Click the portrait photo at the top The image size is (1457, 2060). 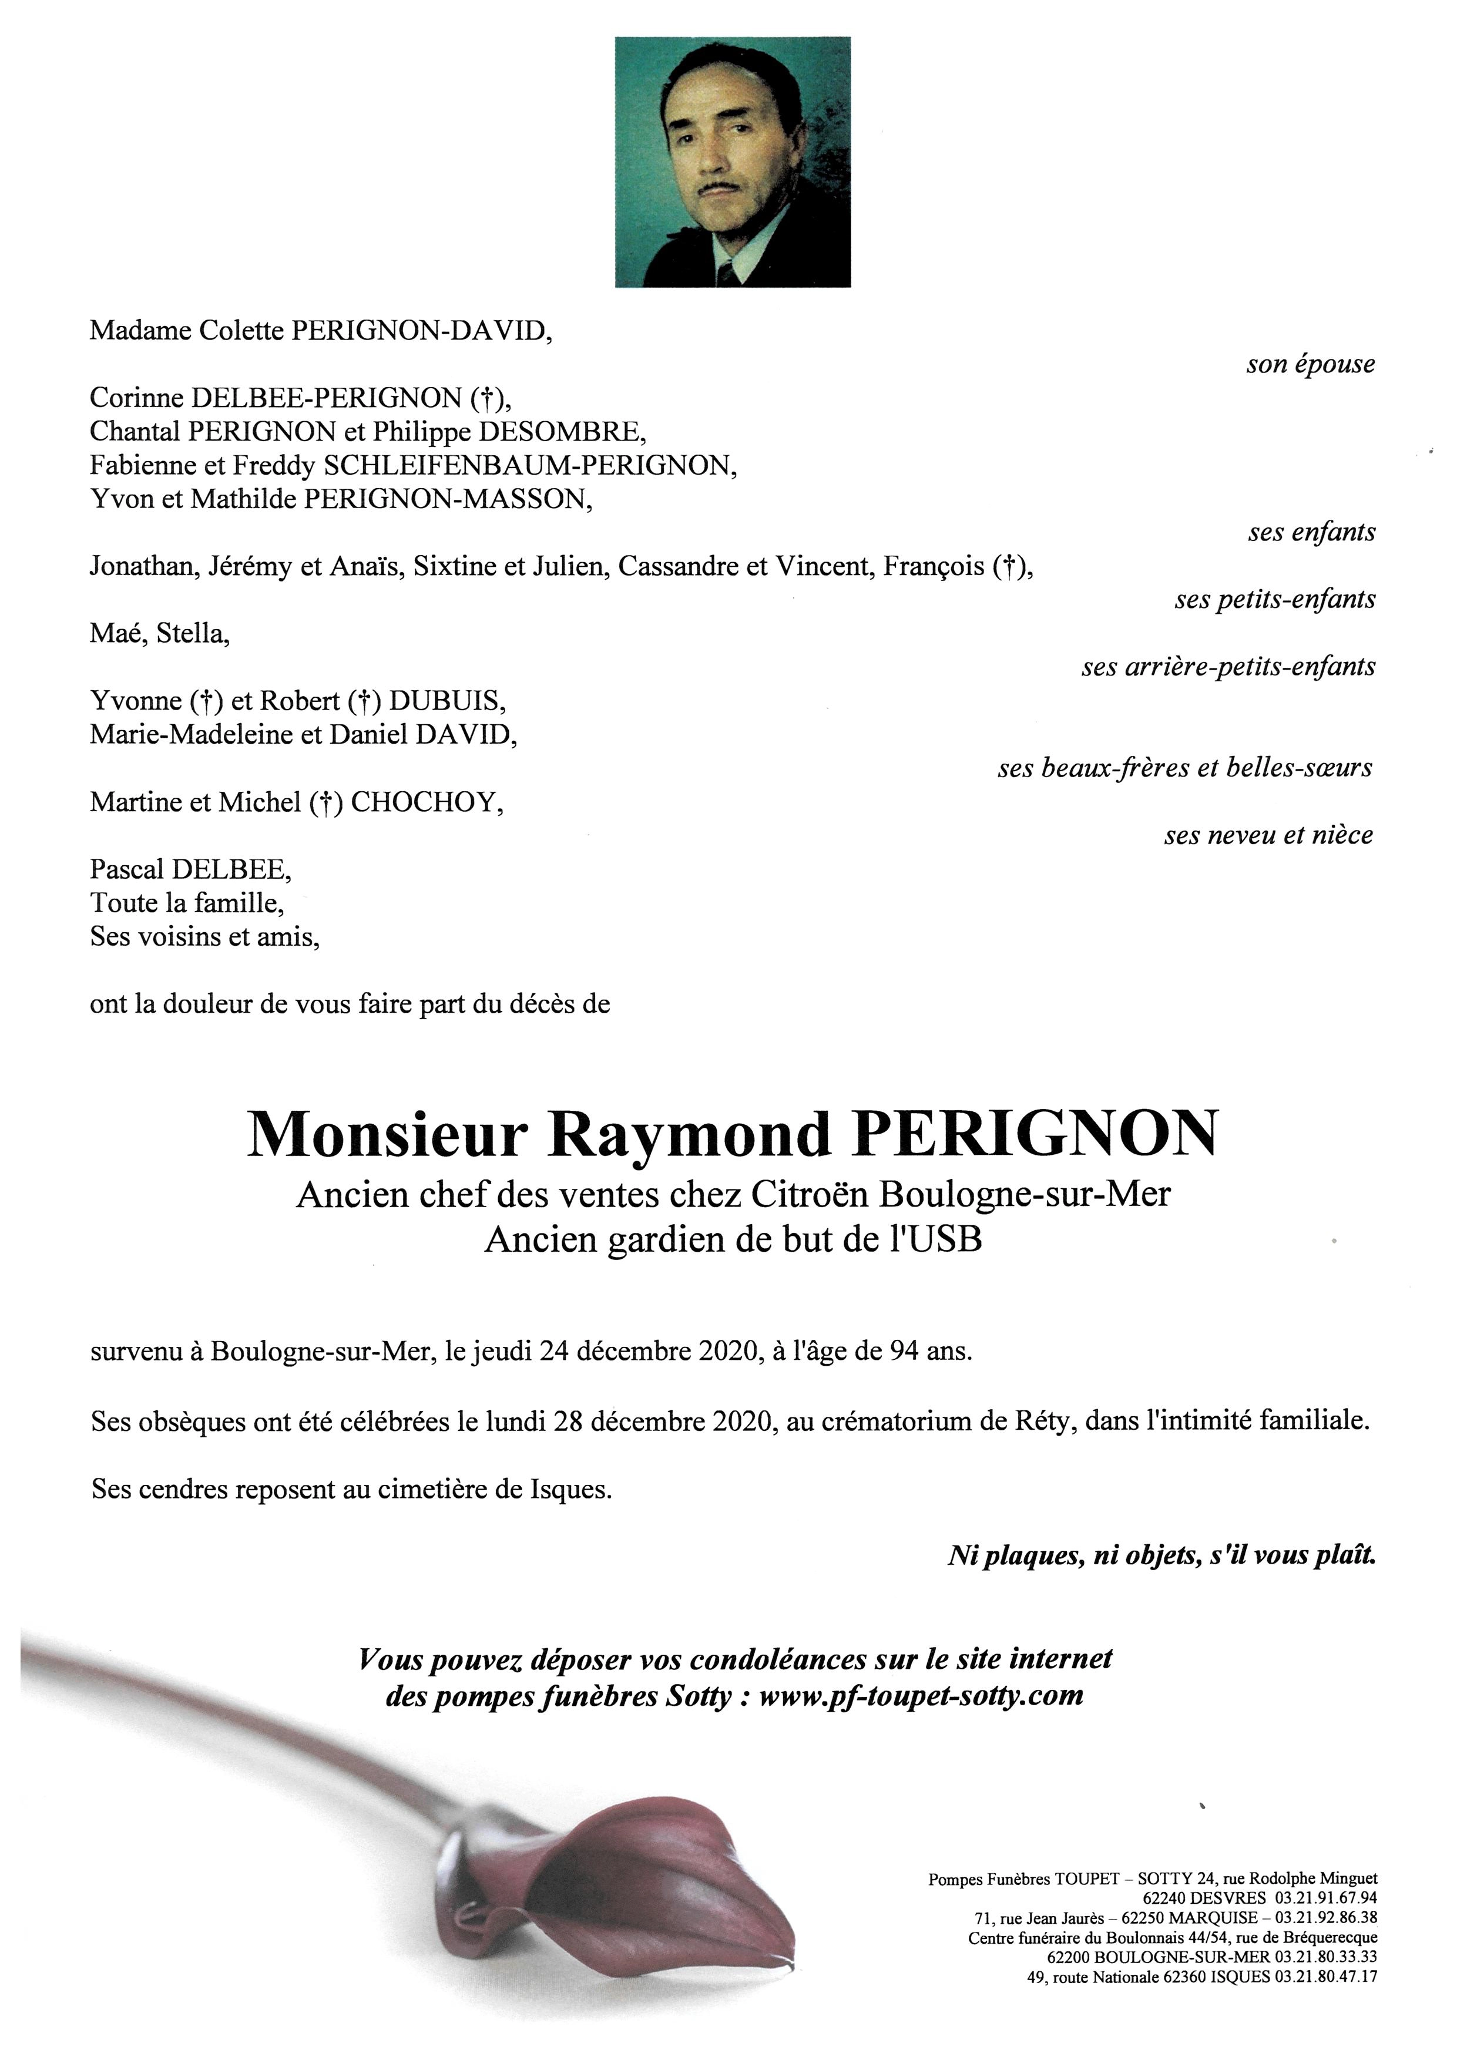click(x=732, y=162)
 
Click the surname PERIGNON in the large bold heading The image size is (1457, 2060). click(x=1036, y=1134)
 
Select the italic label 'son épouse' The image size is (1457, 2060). click(x=1310, y=364)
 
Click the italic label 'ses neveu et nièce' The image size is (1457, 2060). click(x=1268, y=835)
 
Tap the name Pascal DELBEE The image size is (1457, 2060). click(x=190, y=869)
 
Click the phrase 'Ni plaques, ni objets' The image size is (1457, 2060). click(x=1073, y=1555)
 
